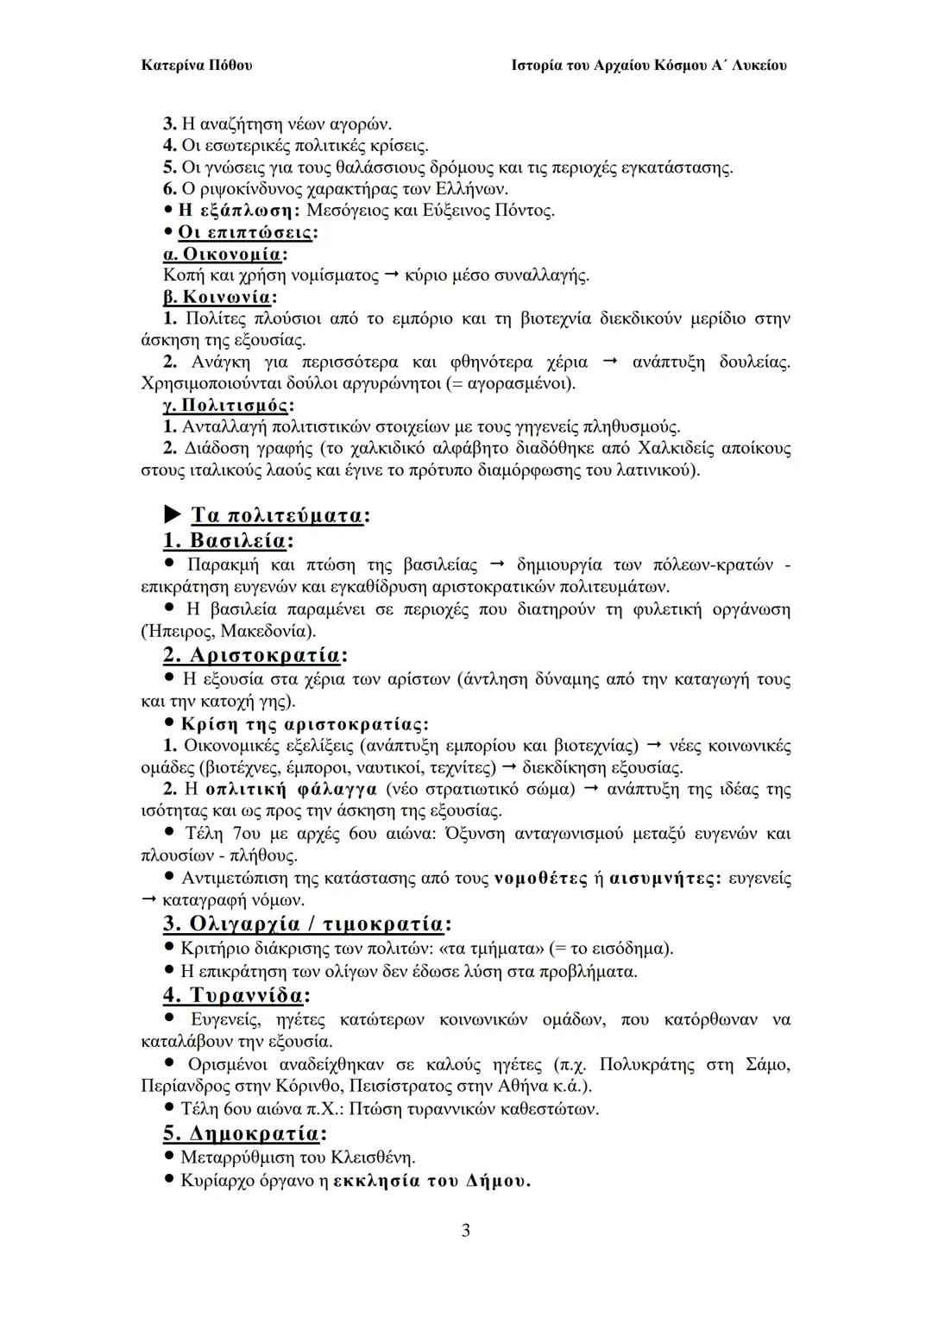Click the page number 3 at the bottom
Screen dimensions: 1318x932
pos(466,1231)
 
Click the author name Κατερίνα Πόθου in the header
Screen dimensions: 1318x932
pos(196,66)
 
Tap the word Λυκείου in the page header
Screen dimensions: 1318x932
pos(759,66)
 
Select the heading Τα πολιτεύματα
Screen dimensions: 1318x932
pos(276,515)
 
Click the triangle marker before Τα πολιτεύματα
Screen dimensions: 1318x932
pos(173,515)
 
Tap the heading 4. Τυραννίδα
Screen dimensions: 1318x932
pos(234,994)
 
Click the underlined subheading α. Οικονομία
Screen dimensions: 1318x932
pos(223,254)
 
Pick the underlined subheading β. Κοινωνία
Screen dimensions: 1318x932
pos(217,297)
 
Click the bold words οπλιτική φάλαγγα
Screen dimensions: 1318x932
pos(292,789)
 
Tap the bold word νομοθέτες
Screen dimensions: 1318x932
pos(541,879)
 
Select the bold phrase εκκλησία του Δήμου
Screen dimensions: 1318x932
pos(431,1181)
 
